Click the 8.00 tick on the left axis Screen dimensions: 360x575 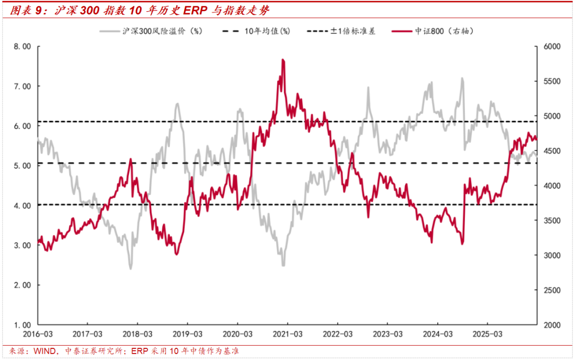(22, 47)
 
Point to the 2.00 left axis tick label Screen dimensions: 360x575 (22, 285)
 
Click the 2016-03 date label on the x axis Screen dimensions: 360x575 (38, 334)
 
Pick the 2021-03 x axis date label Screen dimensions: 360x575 (287, 334)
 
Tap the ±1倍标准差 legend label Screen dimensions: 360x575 (352, 31)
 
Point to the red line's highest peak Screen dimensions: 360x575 (283, 60)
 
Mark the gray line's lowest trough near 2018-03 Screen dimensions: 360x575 (130, 268)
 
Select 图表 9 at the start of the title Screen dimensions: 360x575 (26, 10)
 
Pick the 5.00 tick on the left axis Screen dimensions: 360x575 (22, 166)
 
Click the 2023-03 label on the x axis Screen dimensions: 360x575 (388, 334)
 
